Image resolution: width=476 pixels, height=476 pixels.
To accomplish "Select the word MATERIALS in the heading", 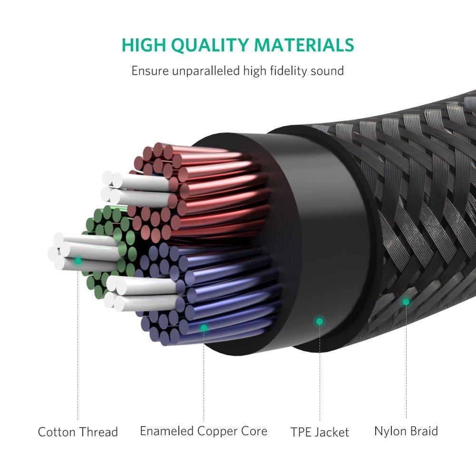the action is coord(304,45).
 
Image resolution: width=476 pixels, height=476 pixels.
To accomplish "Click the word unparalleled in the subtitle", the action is coord(206,71).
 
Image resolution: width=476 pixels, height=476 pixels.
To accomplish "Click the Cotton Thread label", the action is coord(78,432).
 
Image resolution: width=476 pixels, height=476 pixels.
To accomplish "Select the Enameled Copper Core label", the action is coord(204,431).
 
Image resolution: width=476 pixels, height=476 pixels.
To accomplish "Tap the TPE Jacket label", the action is coord(320,432).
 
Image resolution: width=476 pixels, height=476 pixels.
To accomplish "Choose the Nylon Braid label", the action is coord(406,431).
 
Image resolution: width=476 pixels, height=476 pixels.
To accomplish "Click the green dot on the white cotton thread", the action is coord(78,261).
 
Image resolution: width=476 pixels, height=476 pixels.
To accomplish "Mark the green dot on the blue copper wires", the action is coord(204,328).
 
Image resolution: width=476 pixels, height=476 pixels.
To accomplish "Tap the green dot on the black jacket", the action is coord(320,321).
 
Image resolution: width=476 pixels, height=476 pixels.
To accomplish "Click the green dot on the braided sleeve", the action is coord(406,302).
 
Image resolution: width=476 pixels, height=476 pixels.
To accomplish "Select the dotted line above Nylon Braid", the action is coord(406,362).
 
